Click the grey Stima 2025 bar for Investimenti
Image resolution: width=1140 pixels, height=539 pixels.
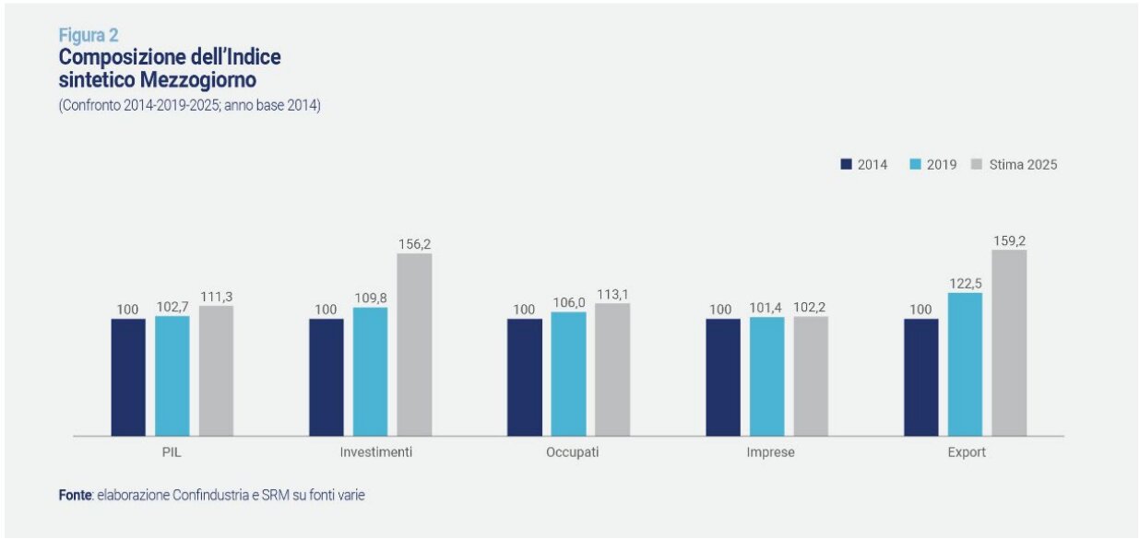[414, 344]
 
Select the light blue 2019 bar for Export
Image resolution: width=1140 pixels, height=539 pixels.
[965, 364]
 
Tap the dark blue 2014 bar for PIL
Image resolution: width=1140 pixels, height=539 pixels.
[128, 377]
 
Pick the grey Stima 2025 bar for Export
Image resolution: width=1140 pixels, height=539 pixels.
[1009, 342]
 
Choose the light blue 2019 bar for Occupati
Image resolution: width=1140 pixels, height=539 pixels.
[568, 373]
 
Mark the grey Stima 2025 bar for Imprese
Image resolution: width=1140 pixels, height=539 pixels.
[811, 376]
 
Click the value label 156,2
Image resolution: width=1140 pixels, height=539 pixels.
[414, 244]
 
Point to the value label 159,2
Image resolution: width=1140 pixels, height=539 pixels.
[1009, 240]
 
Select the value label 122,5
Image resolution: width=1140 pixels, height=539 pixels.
[965, 284]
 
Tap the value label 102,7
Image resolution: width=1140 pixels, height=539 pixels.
[172, 307]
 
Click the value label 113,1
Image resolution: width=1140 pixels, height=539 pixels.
[612, 295]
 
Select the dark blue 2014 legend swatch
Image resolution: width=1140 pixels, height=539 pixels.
[845, 165]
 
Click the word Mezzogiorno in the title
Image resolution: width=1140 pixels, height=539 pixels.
[203, 80]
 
